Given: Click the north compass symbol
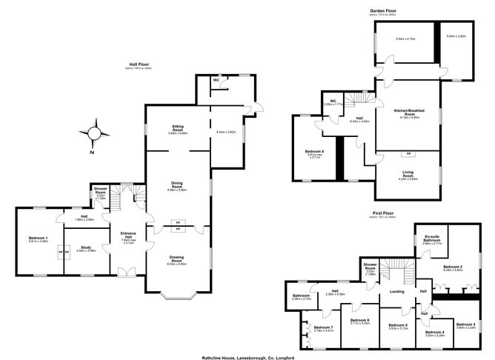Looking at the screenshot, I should (x=93, y=135).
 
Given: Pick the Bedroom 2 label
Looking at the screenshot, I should (x=453, y=268).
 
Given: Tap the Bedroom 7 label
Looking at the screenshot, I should (x=323, y=328).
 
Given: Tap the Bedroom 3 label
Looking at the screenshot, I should (x=465, y=325).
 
